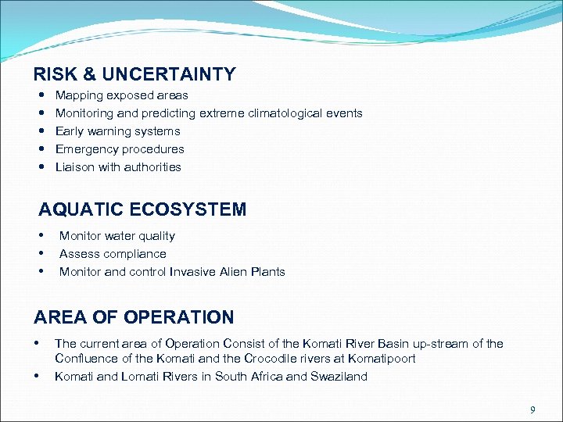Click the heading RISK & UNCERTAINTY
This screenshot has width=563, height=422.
click(134, 75)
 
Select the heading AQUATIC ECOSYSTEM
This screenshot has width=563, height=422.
click(142, 209)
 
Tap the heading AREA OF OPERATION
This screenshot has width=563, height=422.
click(134, 317)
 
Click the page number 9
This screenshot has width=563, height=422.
click(533, 409)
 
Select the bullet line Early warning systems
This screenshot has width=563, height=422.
click(117, 131)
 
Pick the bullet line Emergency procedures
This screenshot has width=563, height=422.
click(120, 149)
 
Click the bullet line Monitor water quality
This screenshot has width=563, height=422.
click(117, 236)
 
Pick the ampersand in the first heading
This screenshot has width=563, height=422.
click(89, 75)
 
